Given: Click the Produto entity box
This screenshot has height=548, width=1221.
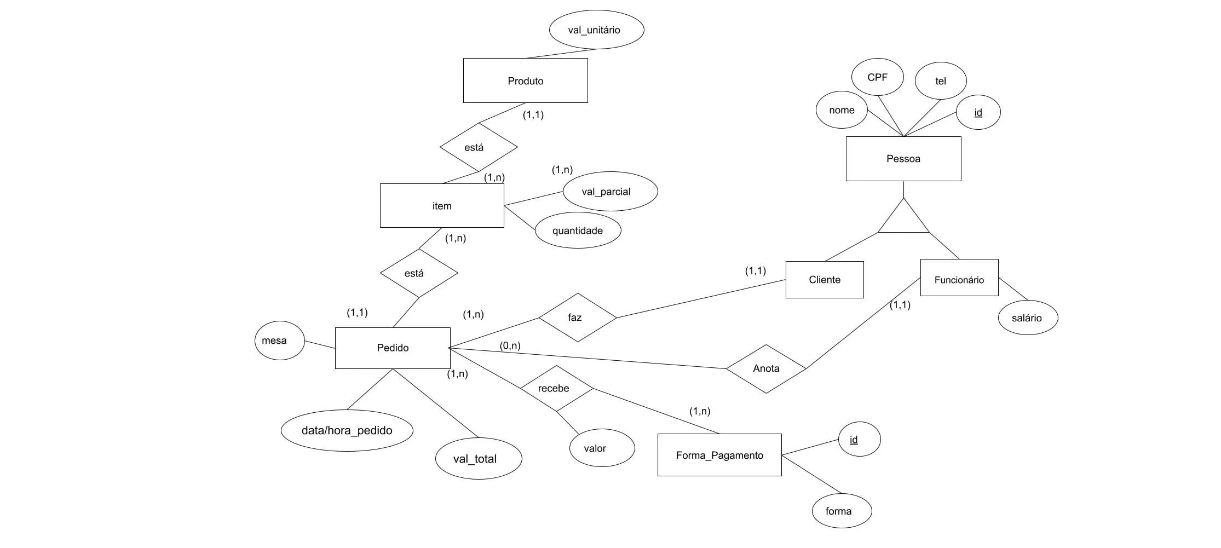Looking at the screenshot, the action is coord(526,80).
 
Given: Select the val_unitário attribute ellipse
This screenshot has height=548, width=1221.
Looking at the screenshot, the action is coord(596,30).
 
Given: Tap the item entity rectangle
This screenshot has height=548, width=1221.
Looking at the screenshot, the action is coord(442,205).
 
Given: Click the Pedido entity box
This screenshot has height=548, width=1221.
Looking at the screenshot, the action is coord(393,348).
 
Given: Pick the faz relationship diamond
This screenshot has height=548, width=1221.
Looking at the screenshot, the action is coord(578,318).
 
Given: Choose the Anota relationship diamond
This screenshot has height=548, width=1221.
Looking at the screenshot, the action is coord(766,368).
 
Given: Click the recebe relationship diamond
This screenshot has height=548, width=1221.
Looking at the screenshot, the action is coord(556,388).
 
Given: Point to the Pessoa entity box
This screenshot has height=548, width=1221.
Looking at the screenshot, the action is coord(903,159).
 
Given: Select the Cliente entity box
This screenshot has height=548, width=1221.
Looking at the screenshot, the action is coord(825,280).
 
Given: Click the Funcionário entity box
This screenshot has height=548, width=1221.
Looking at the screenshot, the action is coord(959,278).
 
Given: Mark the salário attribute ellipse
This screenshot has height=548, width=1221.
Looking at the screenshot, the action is coord(1028,317).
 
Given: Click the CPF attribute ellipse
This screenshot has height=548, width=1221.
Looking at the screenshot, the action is coord(878,77).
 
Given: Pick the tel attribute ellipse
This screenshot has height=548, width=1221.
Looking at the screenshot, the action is coord(941,81).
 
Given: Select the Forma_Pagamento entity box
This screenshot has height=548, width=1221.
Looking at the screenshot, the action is coord(719,455).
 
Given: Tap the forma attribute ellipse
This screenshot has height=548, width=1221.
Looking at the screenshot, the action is coord(841,511).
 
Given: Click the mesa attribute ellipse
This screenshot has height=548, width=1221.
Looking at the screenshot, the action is coord(280,341).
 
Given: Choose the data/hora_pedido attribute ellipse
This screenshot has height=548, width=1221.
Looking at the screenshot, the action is coord(347,430).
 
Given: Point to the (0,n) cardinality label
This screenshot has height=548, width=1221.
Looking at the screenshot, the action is coord(510,346).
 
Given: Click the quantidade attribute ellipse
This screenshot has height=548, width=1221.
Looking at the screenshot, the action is coord(578,230).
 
